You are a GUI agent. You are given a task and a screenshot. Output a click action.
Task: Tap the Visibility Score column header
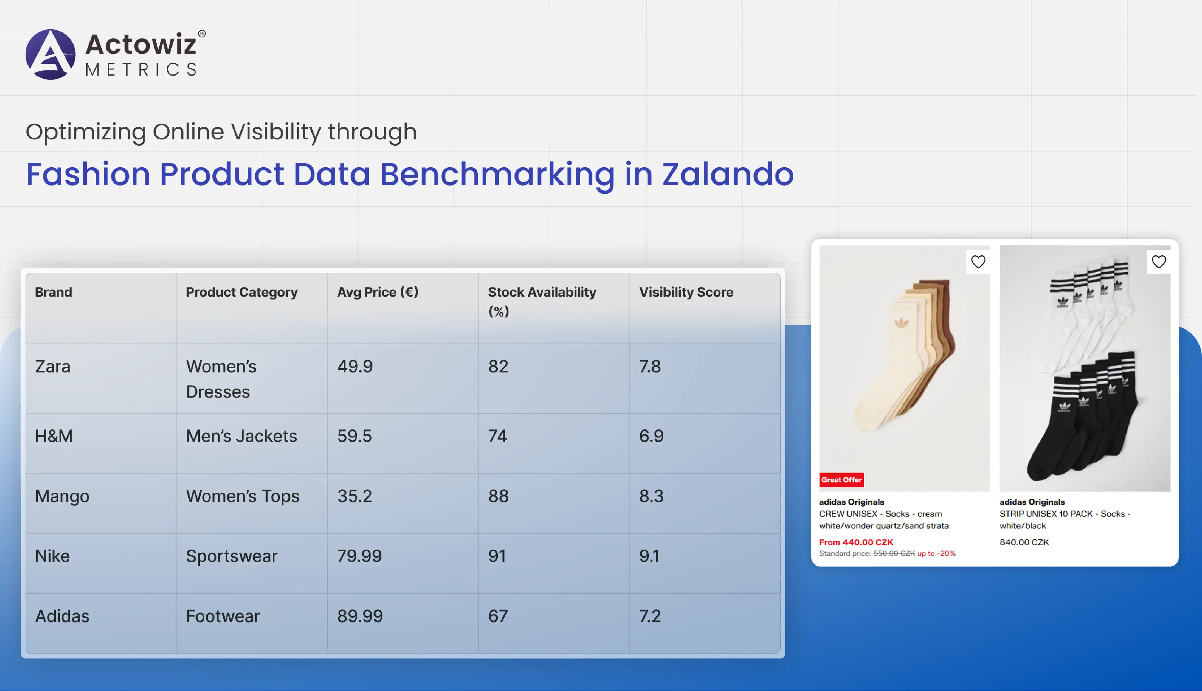[686, 292]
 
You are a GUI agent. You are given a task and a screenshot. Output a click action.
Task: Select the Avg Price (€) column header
[378, 292]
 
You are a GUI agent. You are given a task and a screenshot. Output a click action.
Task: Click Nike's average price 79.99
[359, 556]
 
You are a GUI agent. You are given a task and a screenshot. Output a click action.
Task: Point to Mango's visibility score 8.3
[651, 496]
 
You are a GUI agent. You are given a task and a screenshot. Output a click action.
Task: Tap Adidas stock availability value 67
[498, 616]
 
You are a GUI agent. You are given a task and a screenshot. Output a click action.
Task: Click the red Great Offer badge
[841, 480]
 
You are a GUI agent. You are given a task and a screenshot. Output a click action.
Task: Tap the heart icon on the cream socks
[978, 262]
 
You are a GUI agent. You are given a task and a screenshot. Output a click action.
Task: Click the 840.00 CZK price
[1024, 542]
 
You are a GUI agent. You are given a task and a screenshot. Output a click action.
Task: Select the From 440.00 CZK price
[856, 542]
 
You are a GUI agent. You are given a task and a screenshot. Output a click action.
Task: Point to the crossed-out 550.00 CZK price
[894, 553]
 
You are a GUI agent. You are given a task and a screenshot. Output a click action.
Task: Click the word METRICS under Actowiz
[141, 69]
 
